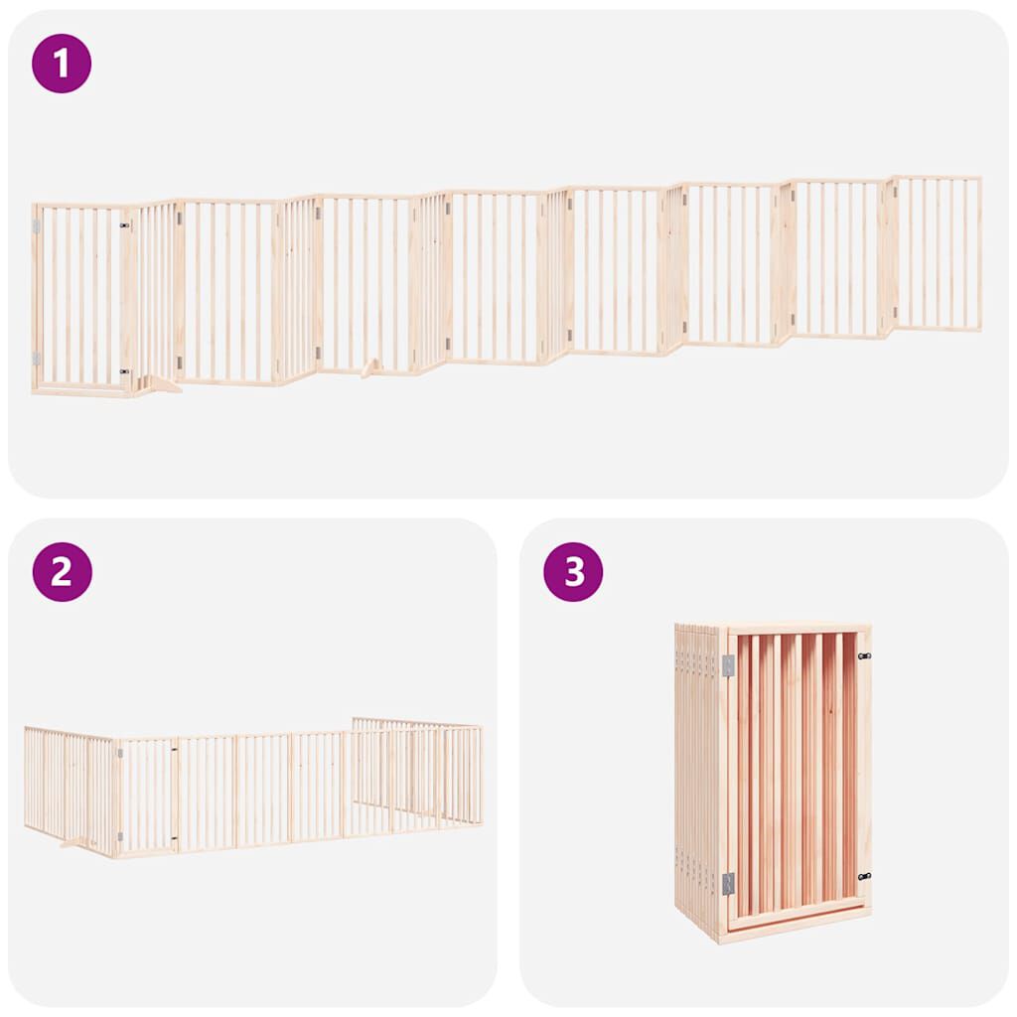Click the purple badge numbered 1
tap(62, 64)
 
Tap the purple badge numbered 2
tap(62, 571)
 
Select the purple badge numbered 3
tap(573, 571)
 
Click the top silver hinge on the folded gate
tap(728, 665)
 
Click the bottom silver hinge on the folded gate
tap(728, 883)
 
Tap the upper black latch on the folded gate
tap(863, 655)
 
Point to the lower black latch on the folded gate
tap(863, 877)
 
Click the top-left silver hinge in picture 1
tap(37, 227)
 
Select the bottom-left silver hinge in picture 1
tap(37, 359)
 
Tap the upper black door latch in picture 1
tap(125, 226)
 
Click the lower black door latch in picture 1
tap(125, 371)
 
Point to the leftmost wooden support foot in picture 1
tap(159, 384)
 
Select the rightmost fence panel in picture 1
tap(939, 253)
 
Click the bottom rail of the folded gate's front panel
tap(798, 911)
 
